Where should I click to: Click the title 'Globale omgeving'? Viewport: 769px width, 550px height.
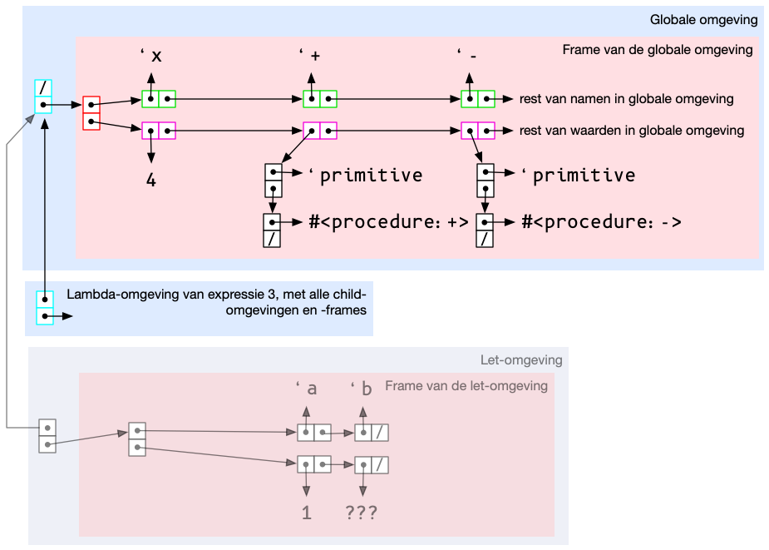(x=704, y=20)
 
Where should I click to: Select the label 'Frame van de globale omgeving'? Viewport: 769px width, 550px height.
(x=657, y=50)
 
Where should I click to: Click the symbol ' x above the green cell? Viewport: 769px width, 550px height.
(x=151, y=57)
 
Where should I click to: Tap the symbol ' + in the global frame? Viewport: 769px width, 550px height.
(x=311, y=57)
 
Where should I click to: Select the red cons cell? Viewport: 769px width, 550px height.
(x=91, y=113)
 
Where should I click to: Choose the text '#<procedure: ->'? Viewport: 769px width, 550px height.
(x=601, y=222)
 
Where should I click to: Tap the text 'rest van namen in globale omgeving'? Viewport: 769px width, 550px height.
(x=626, y=99)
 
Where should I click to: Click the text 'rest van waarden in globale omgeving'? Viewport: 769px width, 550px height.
(x=631, y=131)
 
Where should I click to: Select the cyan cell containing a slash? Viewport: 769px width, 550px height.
(x=44, y=88)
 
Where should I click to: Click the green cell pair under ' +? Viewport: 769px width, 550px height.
(x=320, y=99)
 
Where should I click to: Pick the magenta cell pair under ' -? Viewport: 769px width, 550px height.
(x=478, y=131)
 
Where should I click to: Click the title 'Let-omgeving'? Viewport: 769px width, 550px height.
(x=521, y=360)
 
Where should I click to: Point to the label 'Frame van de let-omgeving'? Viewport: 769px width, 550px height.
(x=466, y=385)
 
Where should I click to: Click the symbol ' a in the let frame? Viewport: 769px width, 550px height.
(x=306, y=389)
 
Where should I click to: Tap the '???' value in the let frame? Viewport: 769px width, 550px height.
(x=362, y=513)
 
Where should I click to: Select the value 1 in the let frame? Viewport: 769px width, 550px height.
(x=306, y=513)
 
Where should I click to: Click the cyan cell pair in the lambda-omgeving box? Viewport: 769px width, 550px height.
(x=45, y=307)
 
